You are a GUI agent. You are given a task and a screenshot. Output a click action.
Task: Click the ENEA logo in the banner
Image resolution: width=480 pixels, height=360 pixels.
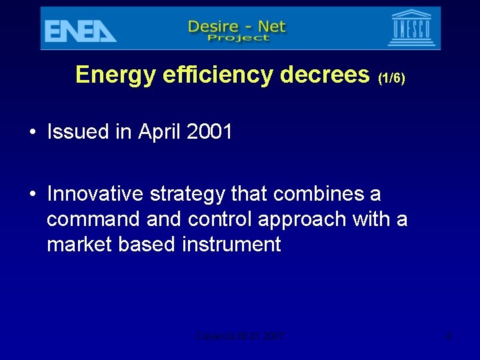pos(79,30)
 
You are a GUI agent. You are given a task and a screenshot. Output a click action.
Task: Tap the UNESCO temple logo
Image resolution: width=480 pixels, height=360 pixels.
pos(411,28)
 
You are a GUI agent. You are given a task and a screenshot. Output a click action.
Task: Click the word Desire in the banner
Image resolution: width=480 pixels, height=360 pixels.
pos(214,27)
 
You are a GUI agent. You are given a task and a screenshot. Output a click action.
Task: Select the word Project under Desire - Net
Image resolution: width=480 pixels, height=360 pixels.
pos(237,38)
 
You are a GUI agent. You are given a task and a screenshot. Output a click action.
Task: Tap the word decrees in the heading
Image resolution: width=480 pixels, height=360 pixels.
pos(325,75)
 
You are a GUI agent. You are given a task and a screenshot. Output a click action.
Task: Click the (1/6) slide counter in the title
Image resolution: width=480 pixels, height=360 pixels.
pos(391,78)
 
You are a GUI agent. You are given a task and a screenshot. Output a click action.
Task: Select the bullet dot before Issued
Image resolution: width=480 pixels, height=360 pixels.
pos(32,132)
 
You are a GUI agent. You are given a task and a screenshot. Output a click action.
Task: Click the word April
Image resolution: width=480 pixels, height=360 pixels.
pos(159,132)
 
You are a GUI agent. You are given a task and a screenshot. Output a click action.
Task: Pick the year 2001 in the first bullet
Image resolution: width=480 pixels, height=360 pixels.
pos(209,132)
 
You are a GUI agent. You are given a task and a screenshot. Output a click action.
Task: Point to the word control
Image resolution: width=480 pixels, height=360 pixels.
pos(220,219)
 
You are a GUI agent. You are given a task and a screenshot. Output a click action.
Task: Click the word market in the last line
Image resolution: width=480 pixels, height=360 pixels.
pos(80,245)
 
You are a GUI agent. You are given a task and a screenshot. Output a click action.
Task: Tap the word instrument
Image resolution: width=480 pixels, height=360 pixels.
pos(231,245)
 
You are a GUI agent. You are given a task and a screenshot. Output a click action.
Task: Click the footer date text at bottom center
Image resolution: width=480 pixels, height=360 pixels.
pos(240,337)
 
